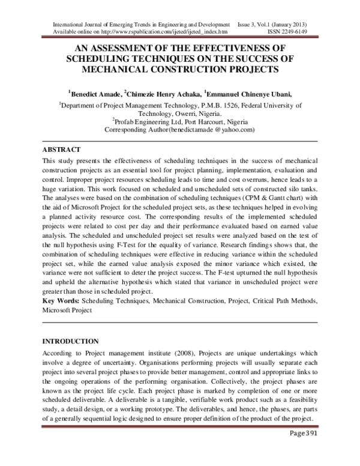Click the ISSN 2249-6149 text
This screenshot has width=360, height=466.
pos(304,29)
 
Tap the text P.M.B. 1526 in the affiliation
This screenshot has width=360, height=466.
pos(234,104)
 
